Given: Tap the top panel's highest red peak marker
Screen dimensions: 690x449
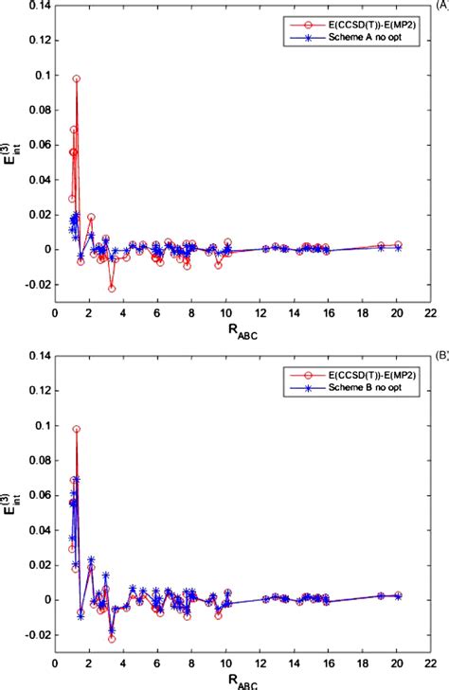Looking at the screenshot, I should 77,79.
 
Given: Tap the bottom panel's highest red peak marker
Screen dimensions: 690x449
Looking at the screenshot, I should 77,429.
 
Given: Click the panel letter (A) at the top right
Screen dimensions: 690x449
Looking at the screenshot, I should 440,4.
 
